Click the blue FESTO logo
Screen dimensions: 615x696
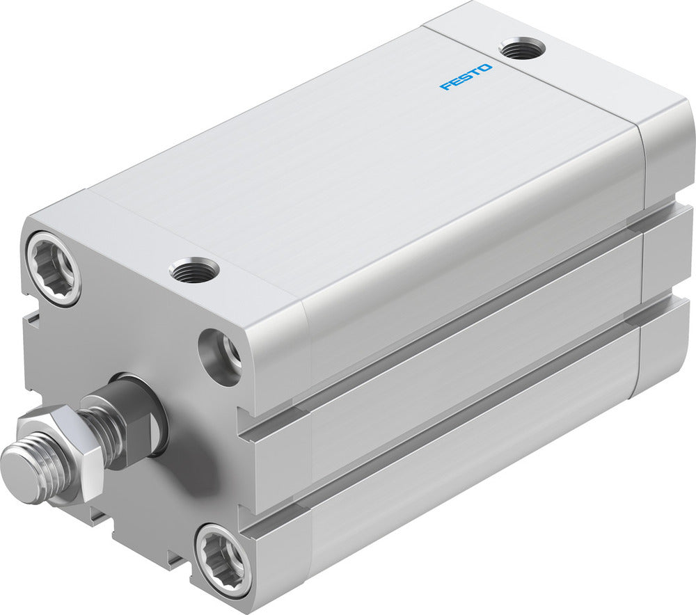(x=466, y=77)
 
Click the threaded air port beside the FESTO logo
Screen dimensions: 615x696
(x=522, y=49)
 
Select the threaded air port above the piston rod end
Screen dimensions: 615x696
(x=194, y=269)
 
